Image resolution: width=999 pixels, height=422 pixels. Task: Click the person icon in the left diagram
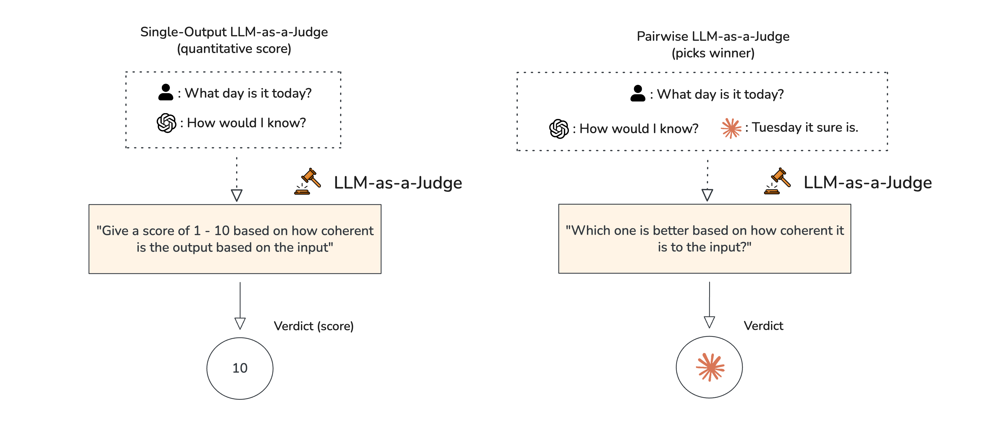click(166, 92)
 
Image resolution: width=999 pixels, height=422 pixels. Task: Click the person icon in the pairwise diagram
click(638, 93)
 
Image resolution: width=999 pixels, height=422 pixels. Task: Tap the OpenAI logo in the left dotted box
click(166, 123)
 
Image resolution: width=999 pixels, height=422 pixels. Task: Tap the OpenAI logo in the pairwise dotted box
click(559, 129)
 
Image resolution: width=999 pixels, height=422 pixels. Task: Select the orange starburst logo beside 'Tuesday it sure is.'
click(731, 128)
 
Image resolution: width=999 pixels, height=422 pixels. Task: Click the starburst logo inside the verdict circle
click(710, 367)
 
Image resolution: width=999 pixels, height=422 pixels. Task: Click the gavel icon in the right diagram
click(777, 181)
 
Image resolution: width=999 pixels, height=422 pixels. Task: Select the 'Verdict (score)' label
click(314, 326)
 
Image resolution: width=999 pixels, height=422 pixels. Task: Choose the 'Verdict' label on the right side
click(763, 326)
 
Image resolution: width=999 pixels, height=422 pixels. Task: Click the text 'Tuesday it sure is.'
click(805, 128)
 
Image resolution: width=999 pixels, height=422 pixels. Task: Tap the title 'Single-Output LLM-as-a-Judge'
click(234, 32)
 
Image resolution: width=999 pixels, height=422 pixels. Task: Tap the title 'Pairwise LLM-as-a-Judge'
click(713, 36)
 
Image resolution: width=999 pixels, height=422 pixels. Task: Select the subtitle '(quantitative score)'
click(234, 49)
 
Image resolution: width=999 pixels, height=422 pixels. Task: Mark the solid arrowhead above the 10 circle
click(240, 324)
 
